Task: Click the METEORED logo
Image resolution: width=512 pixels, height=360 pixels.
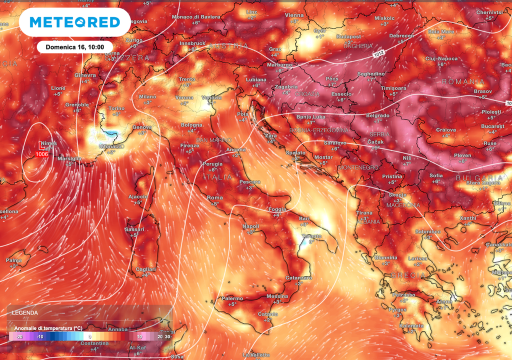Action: tap(74, 22)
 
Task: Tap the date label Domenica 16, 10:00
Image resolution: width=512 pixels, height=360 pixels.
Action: tap(74, 47)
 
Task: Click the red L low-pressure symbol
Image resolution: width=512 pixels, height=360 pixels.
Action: tap(41, 146)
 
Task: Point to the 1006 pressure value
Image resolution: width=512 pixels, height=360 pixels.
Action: tap(42, 154)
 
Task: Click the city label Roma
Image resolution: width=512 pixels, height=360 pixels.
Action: tap(215, 198)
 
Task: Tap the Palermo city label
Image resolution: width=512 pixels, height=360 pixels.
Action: tap(232, 298)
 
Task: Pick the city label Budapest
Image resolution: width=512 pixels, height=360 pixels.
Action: tap(348, 36)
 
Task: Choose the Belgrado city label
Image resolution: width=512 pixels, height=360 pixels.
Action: tap(377, 115)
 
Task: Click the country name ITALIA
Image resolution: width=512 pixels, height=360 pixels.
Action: tap(218, 177)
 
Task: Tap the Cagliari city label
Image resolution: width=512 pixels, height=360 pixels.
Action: tap(145, 269)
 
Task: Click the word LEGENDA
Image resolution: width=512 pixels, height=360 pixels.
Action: tap(25, 312)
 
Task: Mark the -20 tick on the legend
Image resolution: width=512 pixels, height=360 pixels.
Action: tap(19, 337)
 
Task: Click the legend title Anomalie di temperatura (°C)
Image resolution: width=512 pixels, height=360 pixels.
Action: tap(48, 327)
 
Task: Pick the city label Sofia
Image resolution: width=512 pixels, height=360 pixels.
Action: tap(436, 175)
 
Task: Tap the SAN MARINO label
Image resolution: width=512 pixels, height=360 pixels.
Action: tap(214, 140)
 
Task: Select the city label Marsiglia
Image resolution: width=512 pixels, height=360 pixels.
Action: tap(69, 158)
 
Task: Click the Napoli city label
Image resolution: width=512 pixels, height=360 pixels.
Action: tap(250, 226)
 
